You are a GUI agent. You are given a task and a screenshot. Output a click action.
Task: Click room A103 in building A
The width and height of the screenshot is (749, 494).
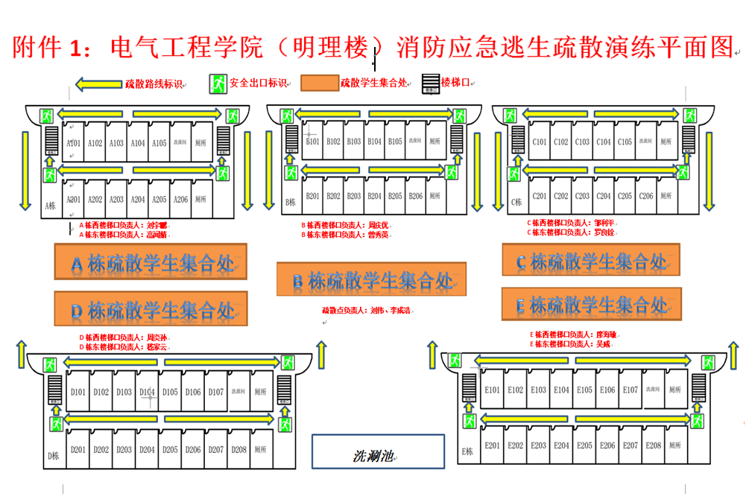point(116,143)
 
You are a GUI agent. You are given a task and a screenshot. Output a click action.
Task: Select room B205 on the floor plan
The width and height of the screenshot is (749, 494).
point(395,196)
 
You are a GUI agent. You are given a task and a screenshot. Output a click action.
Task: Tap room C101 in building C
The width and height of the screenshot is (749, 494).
point(540,142)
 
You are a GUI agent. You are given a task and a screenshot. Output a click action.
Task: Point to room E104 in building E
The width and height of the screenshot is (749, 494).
point(561,390)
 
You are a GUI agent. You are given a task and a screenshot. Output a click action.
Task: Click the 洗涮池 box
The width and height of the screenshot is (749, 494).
point(378,452)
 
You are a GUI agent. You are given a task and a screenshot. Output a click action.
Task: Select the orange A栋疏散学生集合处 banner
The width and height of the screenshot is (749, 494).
point(150,263)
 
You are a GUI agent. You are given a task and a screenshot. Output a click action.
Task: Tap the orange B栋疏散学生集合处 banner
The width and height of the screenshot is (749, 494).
point(371,280)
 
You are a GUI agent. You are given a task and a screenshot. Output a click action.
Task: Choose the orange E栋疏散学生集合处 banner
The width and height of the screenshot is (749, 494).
point(591,304)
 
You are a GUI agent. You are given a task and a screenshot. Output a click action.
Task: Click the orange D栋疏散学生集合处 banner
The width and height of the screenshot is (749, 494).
point(150,308)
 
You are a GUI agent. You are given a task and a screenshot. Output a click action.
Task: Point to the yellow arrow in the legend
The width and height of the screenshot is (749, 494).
point(98,84)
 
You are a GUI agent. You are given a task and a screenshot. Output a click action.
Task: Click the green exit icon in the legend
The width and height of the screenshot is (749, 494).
point(218,83)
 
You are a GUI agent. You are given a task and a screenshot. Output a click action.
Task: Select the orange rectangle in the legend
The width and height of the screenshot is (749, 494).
point(319,83)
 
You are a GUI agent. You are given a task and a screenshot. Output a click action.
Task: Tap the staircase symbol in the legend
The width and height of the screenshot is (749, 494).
point(431,83)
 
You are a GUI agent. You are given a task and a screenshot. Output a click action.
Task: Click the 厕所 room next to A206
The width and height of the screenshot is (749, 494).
point(200,200)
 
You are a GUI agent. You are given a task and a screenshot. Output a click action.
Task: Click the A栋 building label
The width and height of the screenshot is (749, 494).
point(50,206)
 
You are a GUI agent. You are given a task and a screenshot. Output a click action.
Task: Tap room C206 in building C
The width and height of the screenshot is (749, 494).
point(646,196)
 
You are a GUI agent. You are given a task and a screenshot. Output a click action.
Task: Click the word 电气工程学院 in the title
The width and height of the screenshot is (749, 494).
point(186,48)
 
